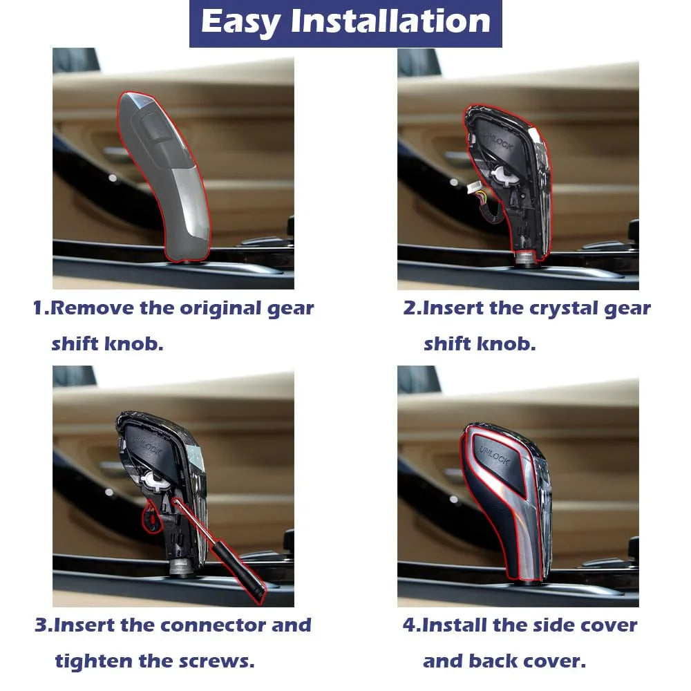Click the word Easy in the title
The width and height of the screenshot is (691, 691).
tap(240, 22)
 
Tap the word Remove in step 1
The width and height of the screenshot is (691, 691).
tap(92, 307)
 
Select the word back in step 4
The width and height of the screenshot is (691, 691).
tap(491, 661)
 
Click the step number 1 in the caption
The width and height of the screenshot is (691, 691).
tap(39, 307)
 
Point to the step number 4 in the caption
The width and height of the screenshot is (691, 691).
tap(409, 625)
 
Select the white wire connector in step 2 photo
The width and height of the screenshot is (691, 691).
tap(473, 189)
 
